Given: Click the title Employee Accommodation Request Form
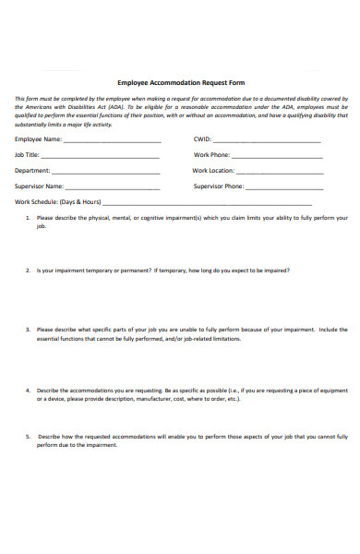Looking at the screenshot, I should (181, 82).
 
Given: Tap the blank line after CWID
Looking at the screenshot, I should (268, 141).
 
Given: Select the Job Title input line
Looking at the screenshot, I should (101, 157).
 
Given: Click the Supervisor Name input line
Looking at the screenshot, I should (114, 187).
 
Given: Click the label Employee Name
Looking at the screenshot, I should (38, 139).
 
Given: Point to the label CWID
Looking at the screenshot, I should (202, 139).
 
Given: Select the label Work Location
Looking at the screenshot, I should (213, 171).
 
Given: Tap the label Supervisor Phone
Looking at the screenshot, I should (219, 186).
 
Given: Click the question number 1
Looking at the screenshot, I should (27, 218).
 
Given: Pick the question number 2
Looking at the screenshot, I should (27, 271).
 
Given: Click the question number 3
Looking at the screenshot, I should (27, 329).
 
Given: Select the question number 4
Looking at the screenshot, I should (27, 390).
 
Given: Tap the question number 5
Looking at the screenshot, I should (27, 435).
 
